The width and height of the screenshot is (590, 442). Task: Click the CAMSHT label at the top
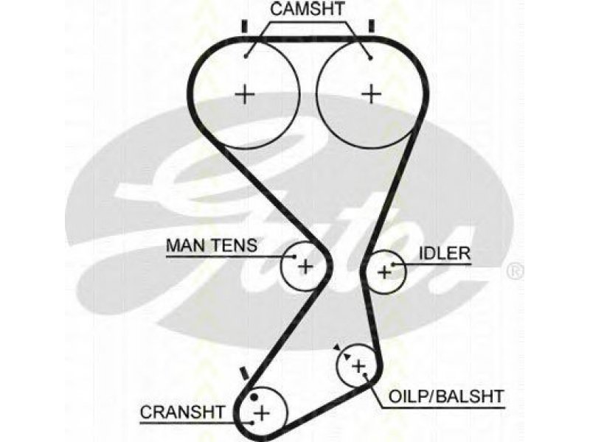[x=307, y=9]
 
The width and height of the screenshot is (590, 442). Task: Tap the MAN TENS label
[x=212, y=245]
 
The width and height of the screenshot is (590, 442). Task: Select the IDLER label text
[x=445, y=253]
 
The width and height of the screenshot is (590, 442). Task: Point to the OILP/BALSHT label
[x=446, y=396]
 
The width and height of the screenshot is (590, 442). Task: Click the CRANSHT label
[x=182, y=413]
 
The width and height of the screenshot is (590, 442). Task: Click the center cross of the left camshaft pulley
[x=245, y=94]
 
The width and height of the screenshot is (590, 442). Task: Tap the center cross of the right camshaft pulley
[x=372, y=94]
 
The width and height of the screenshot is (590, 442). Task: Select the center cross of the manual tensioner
[x=305, y=267]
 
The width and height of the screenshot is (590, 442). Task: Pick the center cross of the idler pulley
[x=384, y=271]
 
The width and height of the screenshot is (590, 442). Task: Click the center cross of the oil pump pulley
[x=358, y=365]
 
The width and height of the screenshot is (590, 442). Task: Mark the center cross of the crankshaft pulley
[x=262, y=413]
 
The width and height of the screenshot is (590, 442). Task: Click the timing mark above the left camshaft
[x=245, y=26]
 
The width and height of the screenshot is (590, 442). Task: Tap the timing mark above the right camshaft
[x=372, y=26]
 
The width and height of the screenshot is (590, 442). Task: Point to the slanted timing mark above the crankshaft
[x=244, y=373]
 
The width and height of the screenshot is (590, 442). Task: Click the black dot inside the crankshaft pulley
[x=254, y=397]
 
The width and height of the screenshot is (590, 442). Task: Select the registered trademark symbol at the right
[x=515, y=271]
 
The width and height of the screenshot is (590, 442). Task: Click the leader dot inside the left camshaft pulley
[x=246, y=57]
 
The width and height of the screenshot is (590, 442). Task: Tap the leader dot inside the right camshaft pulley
[x=371, y=58]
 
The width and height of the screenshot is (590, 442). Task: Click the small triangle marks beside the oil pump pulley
[x=342, y=352]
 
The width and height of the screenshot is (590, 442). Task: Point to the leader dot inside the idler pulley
[x=393, y=264]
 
